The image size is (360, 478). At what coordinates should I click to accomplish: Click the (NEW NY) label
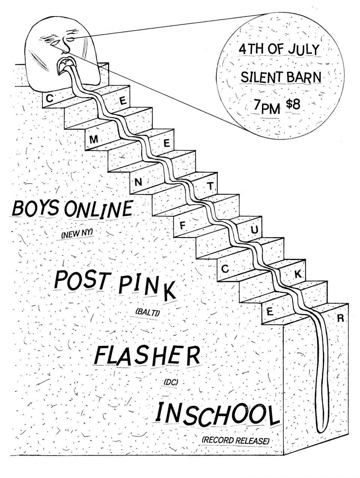[x=77, y=235]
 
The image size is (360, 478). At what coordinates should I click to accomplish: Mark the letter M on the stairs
[x=94, y=140]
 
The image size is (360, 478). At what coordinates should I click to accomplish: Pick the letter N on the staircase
[x=138, y=183]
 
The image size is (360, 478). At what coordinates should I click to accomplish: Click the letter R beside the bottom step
[x=340, y=319]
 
